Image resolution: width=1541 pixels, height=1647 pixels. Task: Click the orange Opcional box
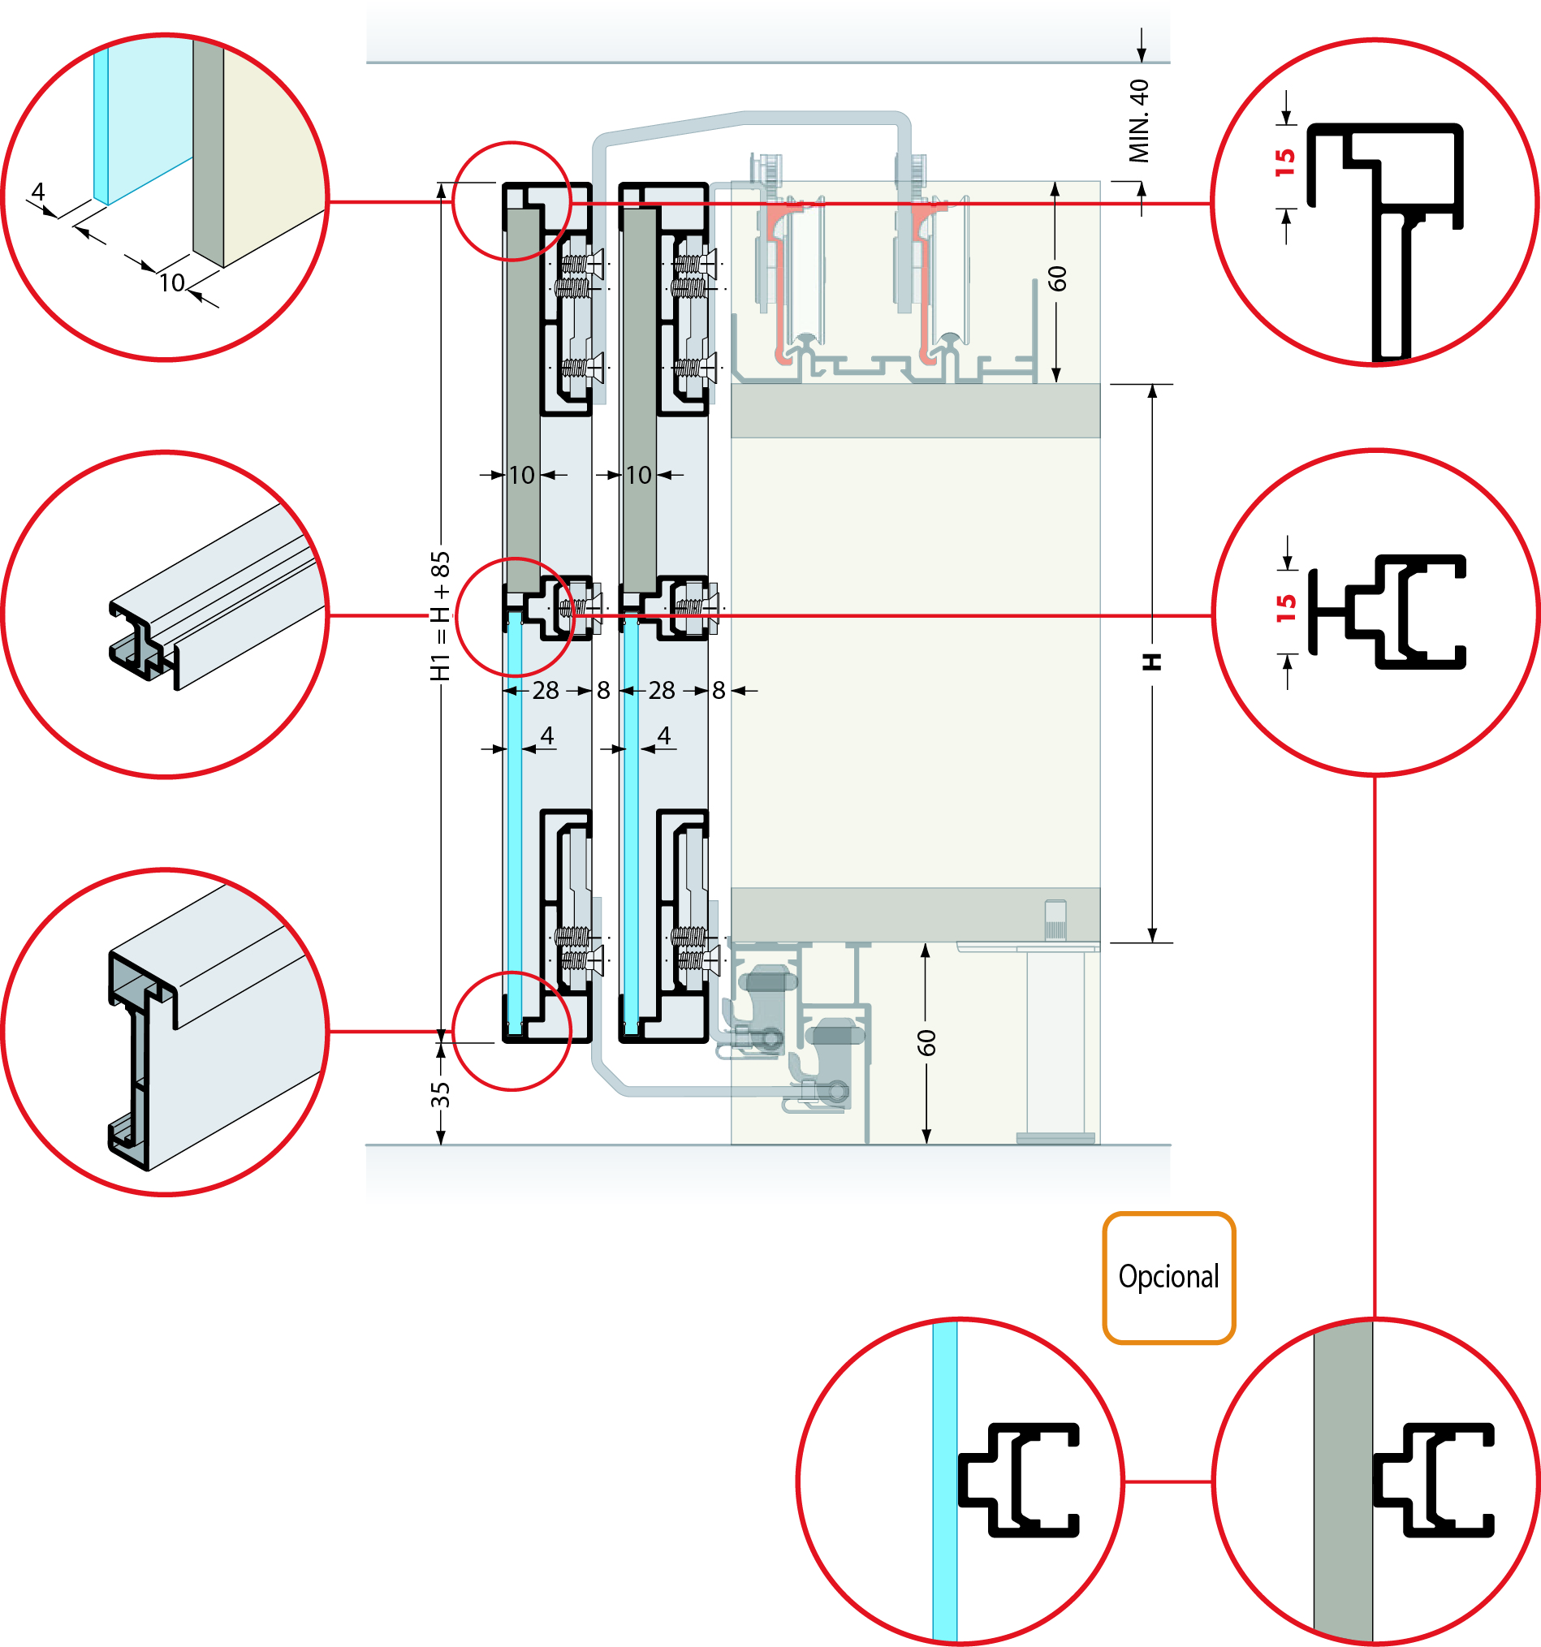(x=1168, y=1277)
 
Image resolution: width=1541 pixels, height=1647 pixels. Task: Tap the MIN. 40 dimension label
(x=1140, y=121)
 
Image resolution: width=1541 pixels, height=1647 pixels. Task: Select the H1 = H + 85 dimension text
(x=440, y=615)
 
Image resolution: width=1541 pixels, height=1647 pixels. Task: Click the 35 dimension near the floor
(x=440, y=1093)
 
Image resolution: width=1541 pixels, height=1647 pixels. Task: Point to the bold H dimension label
(x=1152, y=662)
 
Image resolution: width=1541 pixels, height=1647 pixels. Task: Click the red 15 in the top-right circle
(x=1285, y=162)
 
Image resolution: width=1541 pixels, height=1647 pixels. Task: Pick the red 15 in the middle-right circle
(x=1286, y=608)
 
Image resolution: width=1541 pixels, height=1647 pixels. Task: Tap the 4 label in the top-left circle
(x=37, y=192)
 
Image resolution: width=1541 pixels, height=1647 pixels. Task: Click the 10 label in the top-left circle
(x=172, y=283)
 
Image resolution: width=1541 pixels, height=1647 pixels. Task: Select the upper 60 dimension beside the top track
(x=1057, y=278)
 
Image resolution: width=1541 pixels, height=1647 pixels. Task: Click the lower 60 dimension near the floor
(x=926, y=1043)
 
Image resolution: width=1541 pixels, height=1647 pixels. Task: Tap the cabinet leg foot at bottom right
(x=1055, y=1138)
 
